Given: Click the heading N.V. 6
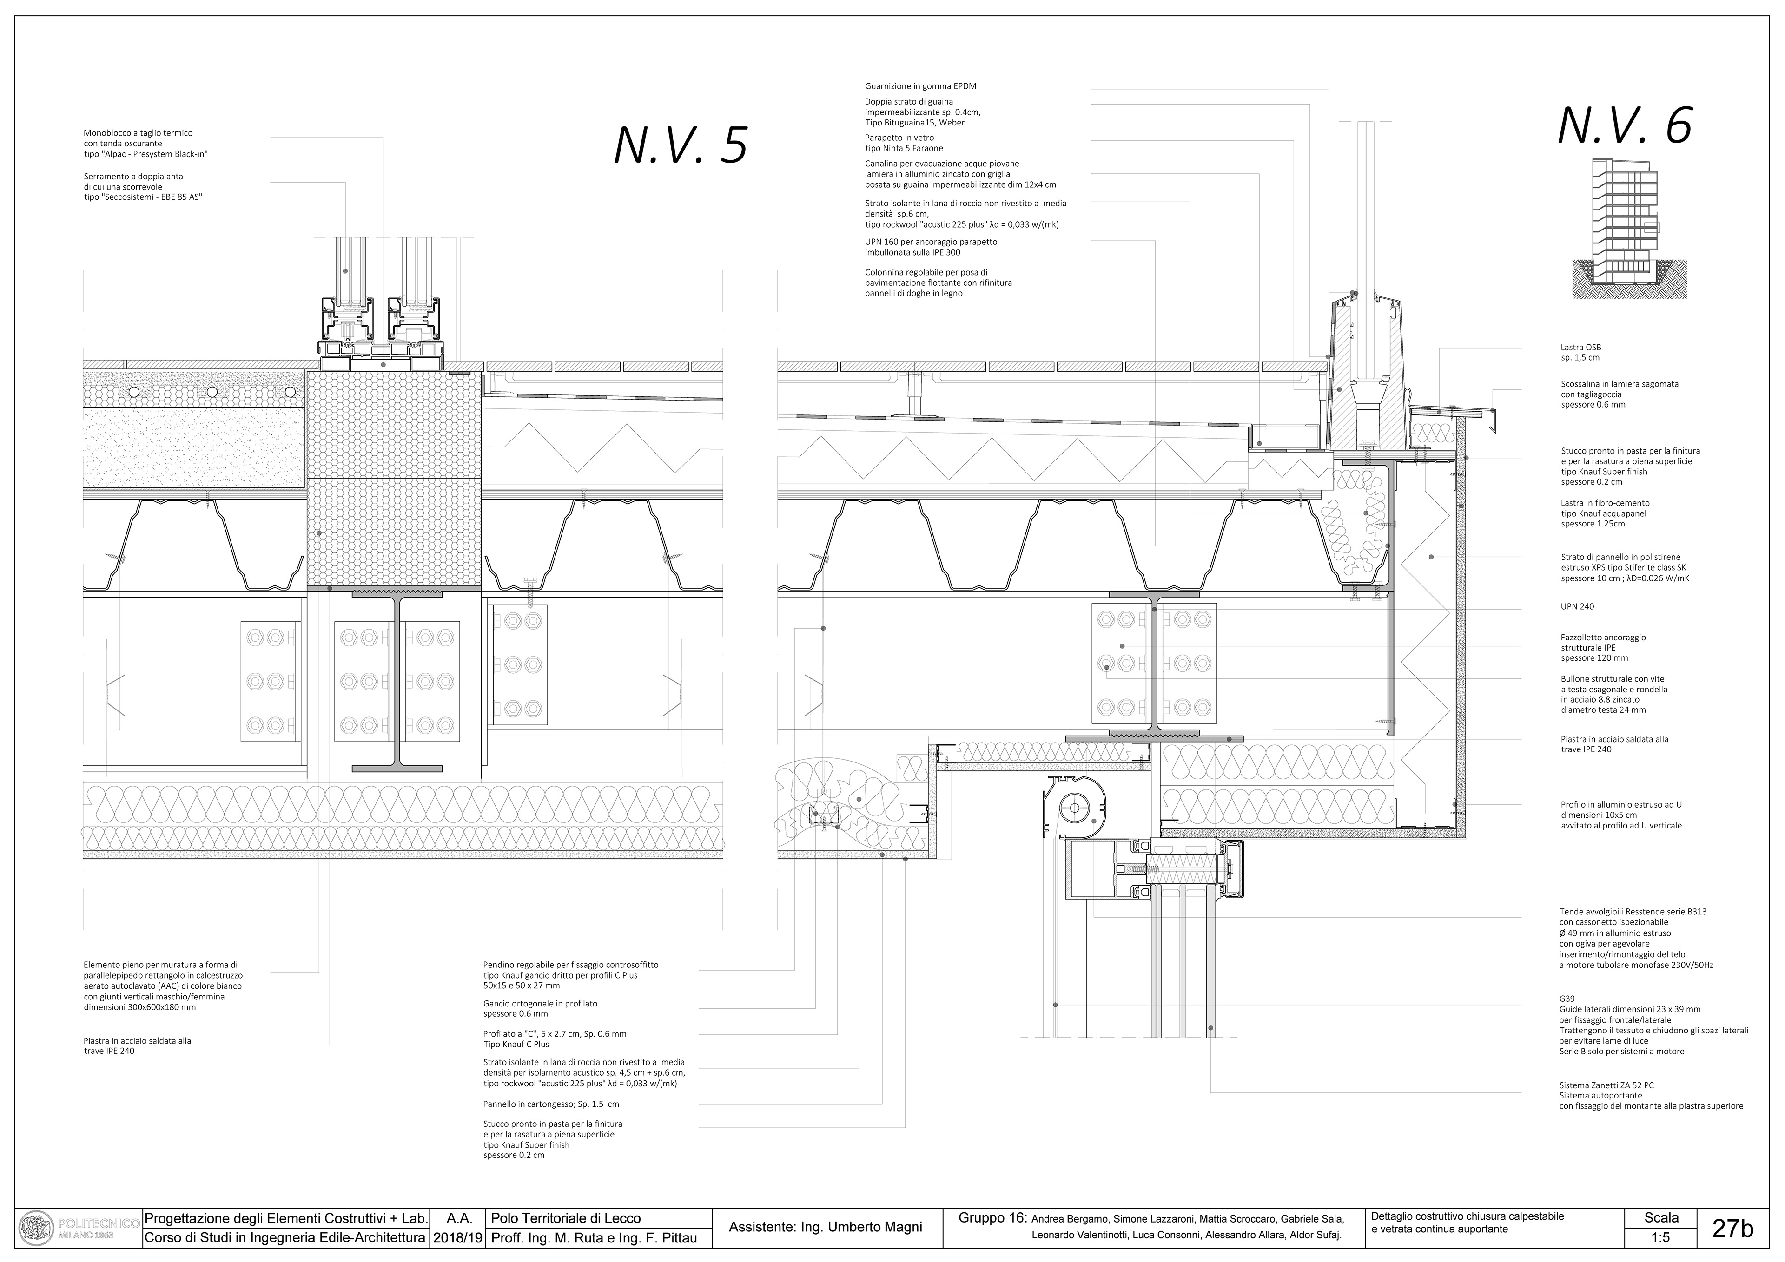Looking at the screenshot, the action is pos(1625,126).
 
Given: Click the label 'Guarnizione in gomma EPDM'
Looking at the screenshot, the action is pos(920,86).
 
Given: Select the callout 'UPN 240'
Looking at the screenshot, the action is pos(1577,606).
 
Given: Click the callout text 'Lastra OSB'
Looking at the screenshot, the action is pos(1580,348).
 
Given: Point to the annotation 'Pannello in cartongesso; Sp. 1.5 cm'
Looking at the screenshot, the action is pos(550,1104).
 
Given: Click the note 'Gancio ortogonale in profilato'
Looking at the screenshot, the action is pos(540,1003).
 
